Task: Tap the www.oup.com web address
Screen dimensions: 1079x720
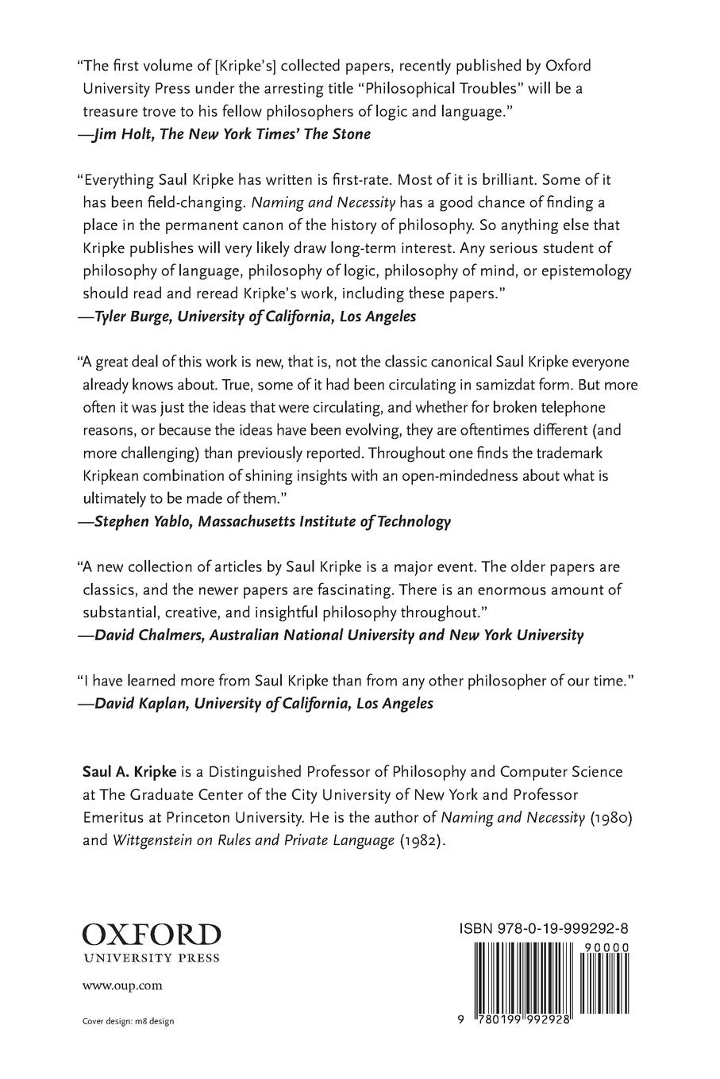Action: click(123, 985)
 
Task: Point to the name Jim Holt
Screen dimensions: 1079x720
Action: click(124, 133)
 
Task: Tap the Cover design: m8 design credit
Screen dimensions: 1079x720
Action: click(128, 1021)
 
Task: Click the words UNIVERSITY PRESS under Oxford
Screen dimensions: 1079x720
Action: click(152, 958)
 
